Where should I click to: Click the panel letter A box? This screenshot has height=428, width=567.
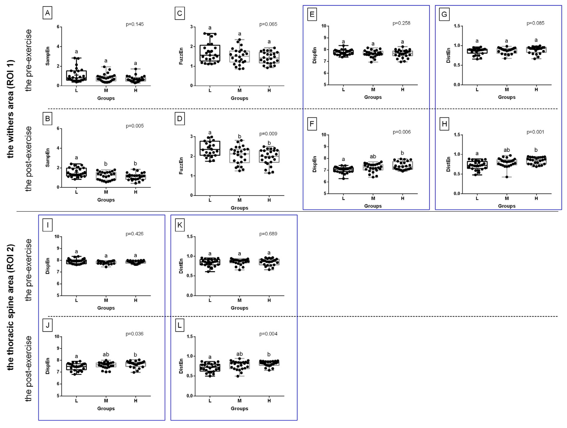pyautogui.click(x=47, y=13)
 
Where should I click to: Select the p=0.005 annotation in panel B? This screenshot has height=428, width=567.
pyautogui.click(x=135, y=126)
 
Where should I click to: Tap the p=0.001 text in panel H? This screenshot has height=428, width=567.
pyautogui.click(x=535, y=132)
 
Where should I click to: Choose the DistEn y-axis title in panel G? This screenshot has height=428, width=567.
pyautogui.click(x=448, y=55)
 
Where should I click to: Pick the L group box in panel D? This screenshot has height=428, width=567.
pyautogui.click(x=210, y=148)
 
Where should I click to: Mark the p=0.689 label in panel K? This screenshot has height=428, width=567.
pyautogui.click(x=268, y=234)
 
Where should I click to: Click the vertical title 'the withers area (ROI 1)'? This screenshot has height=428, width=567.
pyautogui.click(x=10, y=109)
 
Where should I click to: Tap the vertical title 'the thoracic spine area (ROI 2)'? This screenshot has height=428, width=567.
pyautogui.click(x=10, y=307)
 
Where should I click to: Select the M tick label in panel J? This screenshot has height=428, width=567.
pyautogui.click(x=106, y=401)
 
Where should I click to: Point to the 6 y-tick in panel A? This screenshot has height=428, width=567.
pyautogui.click(x=58, y=27)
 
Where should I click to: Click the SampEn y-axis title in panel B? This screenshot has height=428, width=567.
pyautogui.click(x=47, y=158)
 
